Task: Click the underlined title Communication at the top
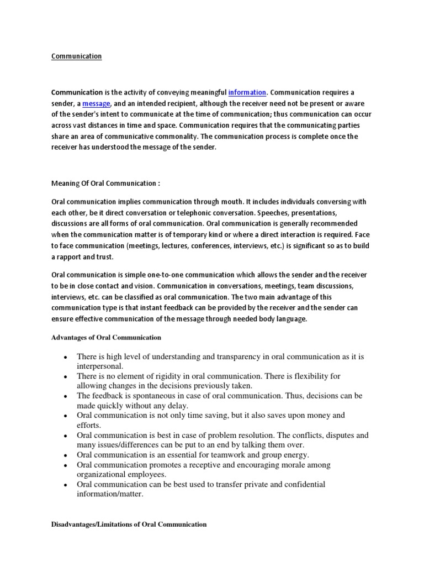[x=76, y=56]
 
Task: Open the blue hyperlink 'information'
[x=247, y=92]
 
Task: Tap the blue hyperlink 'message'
[x=97, y=103]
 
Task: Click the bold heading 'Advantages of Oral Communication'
[x=106, y=337]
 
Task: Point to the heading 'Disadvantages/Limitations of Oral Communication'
[x=129, y=524]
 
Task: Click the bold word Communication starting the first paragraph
[x=77, y=92]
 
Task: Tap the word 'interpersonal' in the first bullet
[x=99, y=366]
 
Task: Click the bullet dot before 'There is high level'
[x=65, y=357]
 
